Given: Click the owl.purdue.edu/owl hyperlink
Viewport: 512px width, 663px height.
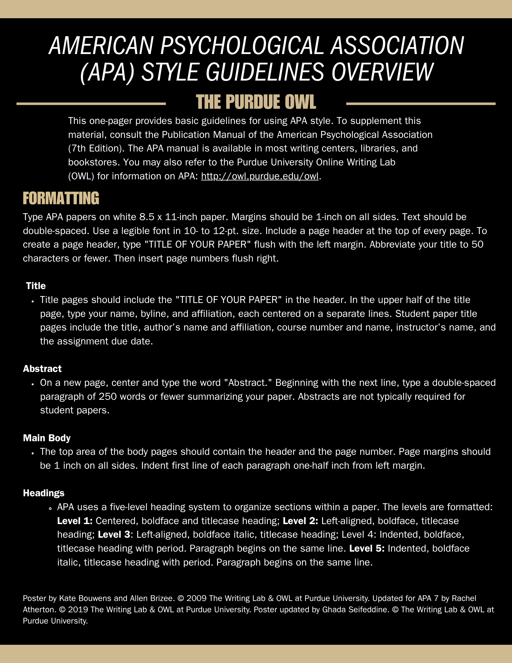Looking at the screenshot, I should pos(260,176).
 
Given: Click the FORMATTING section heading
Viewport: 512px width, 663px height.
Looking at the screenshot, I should pos(61,198).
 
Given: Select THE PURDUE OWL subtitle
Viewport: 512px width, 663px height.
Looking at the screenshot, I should pos(256,102).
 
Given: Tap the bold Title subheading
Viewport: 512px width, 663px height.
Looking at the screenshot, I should pos(36,286).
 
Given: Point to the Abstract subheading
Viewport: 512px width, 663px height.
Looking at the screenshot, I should pos(42,369).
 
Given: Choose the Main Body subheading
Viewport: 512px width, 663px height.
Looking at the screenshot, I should pos(47,438).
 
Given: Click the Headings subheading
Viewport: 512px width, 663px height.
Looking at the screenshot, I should pos(44,493).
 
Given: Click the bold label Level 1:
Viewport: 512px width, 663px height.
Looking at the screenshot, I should pos(75,521).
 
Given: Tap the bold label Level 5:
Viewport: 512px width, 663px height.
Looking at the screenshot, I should pos(367,548).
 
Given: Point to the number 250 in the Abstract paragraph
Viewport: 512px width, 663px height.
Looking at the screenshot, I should pos(108,396).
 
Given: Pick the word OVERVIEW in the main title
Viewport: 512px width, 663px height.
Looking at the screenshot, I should pos(382,72).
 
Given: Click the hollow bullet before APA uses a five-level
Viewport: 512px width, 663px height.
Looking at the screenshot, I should pos(50,508).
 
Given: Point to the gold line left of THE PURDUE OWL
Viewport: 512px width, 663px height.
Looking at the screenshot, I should pos(91,104).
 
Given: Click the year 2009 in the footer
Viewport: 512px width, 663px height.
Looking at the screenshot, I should pos(197,598).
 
